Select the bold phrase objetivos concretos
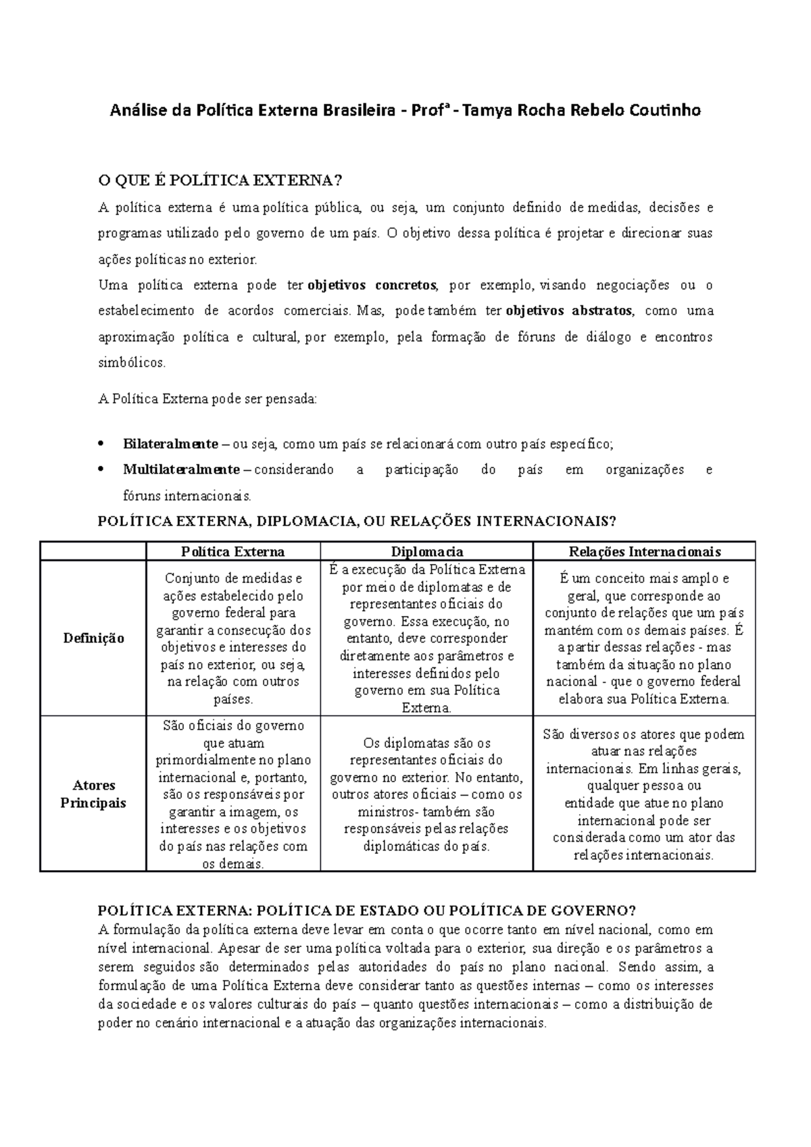coord(372,285)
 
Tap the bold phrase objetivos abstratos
coord(569,311)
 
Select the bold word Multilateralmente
coord(181,469)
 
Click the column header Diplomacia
coord(426,552)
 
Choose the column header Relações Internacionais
coord(644,552)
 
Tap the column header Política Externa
coord(233,552)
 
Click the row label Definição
coord(93,638)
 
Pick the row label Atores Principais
coord(93,794)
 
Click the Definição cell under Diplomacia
coord(426,638)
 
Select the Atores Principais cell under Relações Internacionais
coord(644,794)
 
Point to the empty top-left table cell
coord(93,551)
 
